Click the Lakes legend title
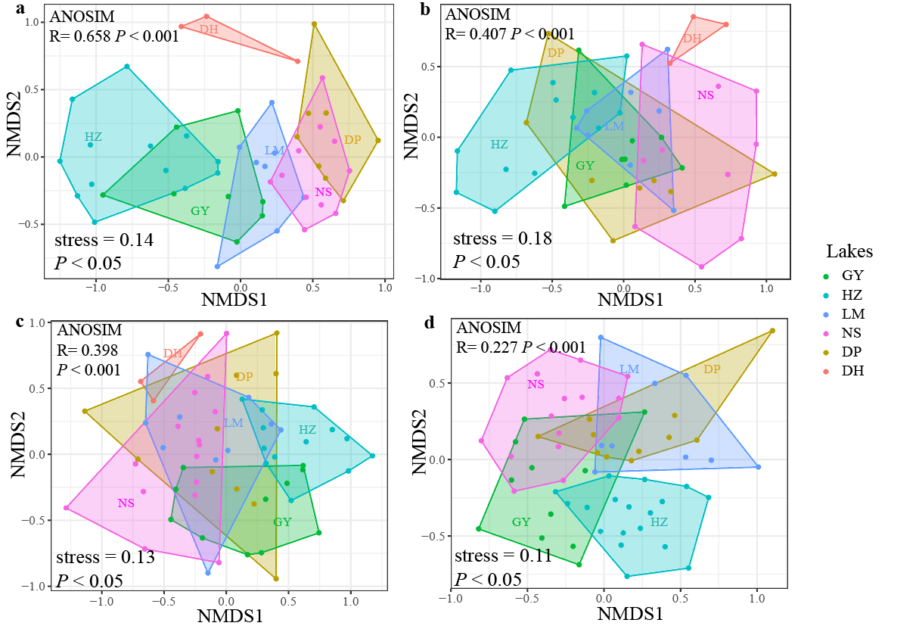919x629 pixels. point(849,251)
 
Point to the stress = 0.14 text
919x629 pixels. point(104,241)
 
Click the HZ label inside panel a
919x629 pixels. point(93,137)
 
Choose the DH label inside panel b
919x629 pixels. point(692,38)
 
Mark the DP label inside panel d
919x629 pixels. point(712,369)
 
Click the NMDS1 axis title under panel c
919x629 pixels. point(230,615)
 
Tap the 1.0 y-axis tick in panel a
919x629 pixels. point(31,22)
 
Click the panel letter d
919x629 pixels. point(430,323)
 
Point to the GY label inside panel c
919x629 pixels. point(282,522)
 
